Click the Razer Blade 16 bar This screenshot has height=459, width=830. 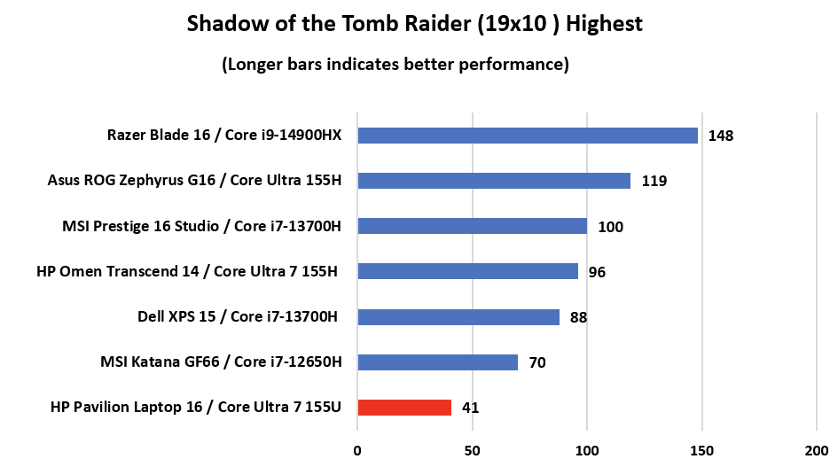[527, 136]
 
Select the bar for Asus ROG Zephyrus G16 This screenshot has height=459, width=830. [493, 181]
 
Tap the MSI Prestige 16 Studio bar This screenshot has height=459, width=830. [472, 226]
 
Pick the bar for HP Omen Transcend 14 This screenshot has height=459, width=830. [467, 271]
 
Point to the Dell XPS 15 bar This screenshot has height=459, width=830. [458, 316]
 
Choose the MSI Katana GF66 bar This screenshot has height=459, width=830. [437, 362]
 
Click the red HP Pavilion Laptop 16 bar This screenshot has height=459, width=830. [404, 408]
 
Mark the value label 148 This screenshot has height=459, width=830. [721, 136]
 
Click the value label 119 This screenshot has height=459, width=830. [654, 182]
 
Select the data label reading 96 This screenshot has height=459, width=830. [597, 272]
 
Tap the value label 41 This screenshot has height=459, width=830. [470, 408]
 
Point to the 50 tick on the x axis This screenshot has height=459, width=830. [473, 450]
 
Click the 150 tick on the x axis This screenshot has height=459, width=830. [702, 450]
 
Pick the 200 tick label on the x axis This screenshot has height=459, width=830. [817, 450]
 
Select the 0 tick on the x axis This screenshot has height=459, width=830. [357, 450]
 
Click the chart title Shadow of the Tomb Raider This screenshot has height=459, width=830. [414, 24]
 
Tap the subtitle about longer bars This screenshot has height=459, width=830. [395, 65]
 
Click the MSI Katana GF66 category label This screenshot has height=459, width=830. [221, 362]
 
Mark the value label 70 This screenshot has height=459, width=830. [536, 362]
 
